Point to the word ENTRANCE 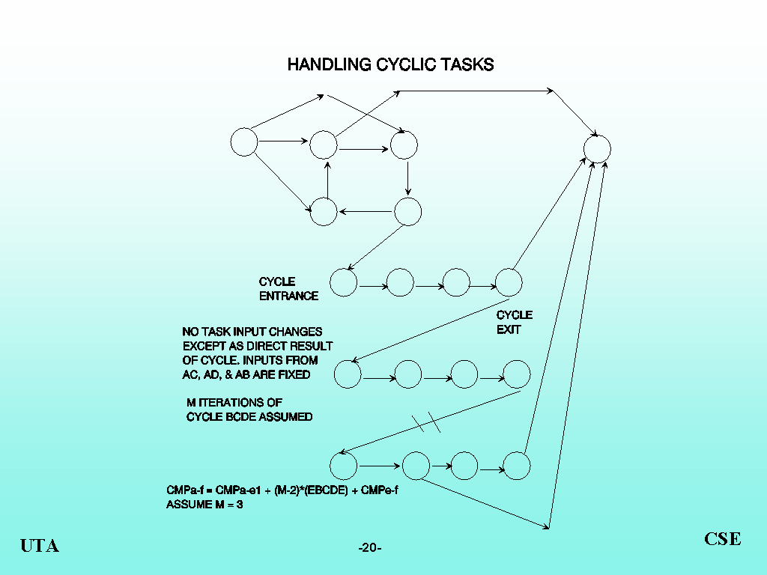(x=288, y=296)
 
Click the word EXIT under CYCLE (x=509, y=329)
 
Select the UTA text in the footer (x=40, y=546)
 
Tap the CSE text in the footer (x=723, y=539)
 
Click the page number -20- (x=370, y=548)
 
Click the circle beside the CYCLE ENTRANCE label (x=344, y=282)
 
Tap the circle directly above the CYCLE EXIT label (x=509, y=282)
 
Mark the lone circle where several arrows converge (x=597, y=147)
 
